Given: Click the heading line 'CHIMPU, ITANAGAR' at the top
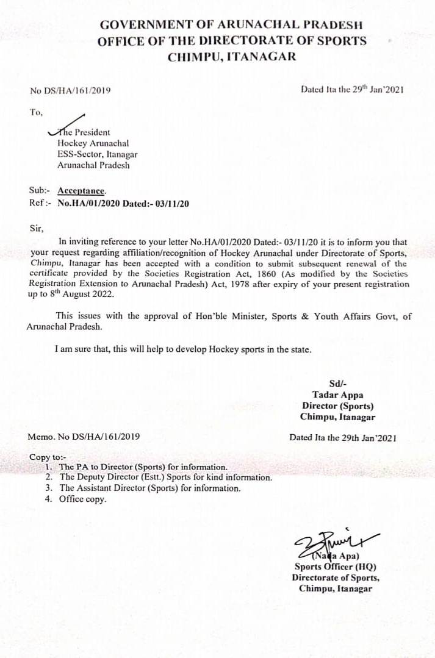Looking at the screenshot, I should [232, 57].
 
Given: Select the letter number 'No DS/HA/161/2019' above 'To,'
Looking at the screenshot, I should [70, 91].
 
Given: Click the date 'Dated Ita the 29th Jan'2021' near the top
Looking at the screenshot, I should [352, 89].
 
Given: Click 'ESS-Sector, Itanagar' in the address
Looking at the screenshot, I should [97, 154].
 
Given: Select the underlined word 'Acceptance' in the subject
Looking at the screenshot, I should [81, 191].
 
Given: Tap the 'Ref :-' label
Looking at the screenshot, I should [41, 203].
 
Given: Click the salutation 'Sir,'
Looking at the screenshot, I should [37, 229].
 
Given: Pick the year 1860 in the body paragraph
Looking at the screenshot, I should [279, 273].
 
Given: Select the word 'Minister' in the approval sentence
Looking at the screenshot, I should [237, 316].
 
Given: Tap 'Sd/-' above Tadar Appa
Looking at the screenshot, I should [337, 384].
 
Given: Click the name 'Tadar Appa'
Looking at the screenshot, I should [337, 395].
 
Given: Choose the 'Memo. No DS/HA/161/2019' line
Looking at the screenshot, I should [84, 437].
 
